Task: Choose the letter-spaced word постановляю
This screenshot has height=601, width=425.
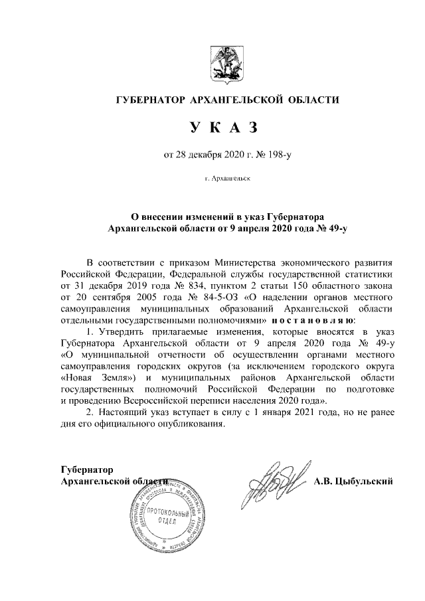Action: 309,319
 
